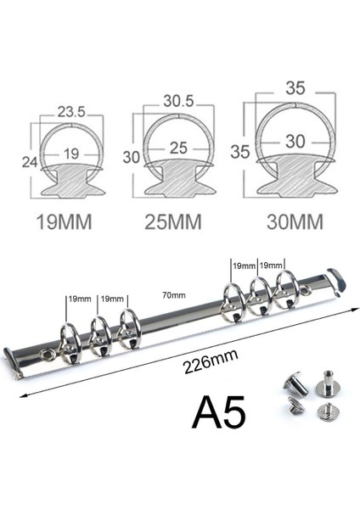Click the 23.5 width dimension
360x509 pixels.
tap(71, 112)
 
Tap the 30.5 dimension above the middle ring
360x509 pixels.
tap(178, 101)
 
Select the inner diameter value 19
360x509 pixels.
tap(71, 154)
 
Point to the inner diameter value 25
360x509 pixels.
tap(178, 148)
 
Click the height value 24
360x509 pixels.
tap(30, 162)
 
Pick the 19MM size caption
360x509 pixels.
tap(64, 222)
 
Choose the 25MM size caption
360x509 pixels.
tap(173, 222)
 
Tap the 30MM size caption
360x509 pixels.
tap(295, 222)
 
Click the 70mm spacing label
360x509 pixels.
tap(174, 295)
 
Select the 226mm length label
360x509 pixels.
tap(211, 361)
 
